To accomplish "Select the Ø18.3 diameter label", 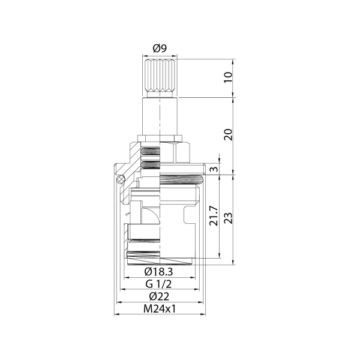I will point(160,273).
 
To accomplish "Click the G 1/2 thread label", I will point(160,284).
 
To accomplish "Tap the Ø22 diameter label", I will point(160,296).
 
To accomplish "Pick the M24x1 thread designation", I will point(160,309).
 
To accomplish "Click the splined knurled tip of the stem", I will point(160,76).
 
